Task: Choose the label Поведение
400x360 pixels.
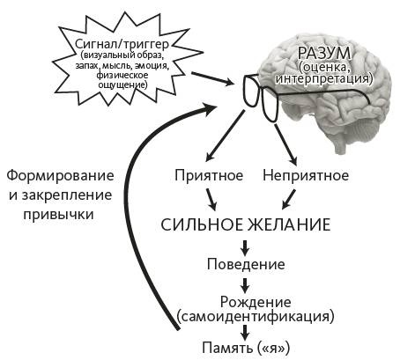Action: pyautogui.click(x=246, y=265)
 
